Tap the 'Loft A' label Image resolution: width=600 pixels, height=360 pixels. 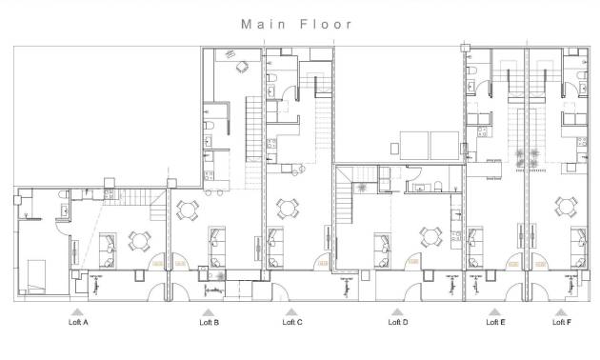78,323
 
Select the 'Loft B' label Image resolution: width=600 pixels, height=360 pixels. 210,323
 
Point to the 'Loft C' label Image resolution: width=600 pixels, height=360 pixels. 292,323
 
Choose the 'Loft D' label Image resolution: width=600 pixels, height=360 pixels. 398,323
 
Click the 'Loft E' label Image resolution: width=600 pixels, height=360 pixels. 495,323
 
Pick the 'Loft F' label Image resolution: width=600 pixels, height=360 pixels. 562,323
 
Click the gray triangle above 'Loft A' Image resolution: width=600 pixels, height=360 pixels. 78,310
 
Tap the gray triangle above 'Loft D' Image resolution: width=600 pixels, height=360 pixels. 398,310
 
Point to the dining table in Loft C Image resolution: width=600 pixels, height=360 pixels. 287,206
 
